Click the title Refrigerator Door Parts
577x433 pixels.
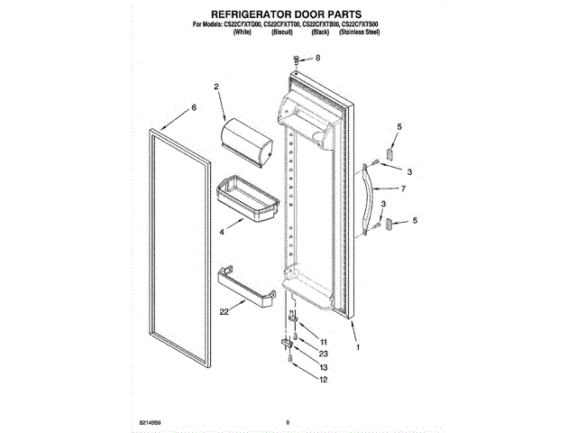[x=288, y=16]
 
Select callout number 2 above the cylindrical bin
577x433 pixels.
[x=216, y=88]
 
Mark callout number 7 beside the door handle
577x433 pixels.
[x=403, y=189]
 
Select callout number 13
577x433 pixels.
[x=324, y=368]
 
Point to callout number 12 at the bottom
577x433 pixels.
[x=324, y=380]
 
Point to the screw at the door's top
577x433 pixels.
[x=298, y=60]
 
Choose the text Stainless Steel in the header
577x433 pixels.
[x=359, y=32]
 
